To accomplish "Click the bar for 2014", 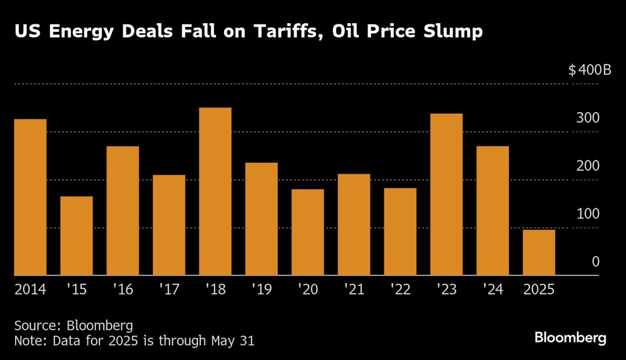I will (x=30, y=197).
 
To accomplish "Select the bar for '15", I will (x=76, y=236).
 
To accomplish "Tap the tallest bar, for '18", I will (x=215, y=192).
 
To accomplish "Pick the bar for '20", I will (x=307, y=232).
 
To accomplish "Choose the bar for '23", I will (x=446, y=195).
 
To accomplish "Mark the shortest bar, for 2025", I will (x=539, y=252).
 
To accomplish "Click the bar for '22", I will (x=400, y=232).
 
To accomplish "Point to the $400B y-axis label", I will (x=590, y=70).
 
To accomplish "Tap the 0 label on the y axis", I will (x=596, y=262).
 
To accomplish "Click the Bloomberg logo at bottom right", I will (x=570, y=338).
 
